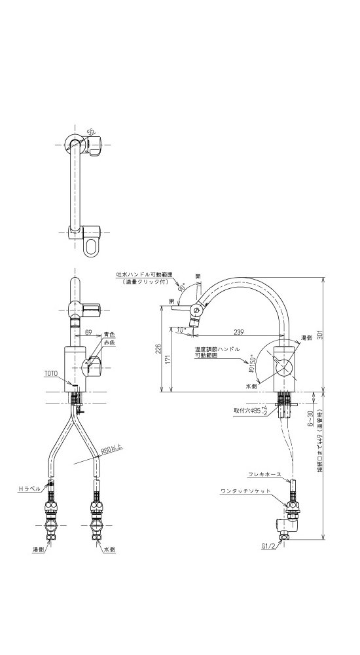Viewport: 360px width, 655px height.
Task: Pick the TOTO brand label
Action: pyautogui.click(x=51, y=373)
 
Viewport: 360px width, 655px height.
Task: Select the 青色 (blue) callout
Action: pyautogui.click(x=109, y=334)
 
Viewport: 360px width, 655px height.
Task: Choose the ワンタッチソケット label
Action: pyautogui.click(x=245, y=491)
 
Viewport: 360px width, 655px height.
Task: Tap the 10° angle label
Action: pyautogui.click(x=181, y=329)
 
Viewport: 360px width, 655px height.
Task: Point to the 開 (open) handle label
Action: pyautogui.click(x=198, y=277)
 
